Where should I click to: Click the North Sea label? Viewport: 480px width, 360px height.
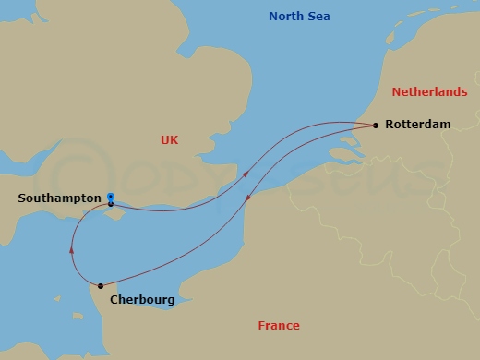coord(299,17)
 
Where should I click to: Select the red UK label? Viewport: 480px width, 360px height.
coord(169,139)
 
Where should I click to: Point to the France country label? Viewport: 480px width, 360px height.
coord(278,325)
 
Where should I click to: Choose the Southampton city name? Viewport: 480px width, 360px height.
coord(59,198)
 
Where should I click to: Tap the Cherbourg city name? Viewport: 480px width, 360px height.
coord(142,299)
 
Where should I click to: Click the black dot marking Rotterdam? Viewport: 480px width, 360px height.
coord(375,125)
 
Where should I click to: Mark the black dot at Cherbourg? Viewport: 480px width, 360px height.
coord(100,285)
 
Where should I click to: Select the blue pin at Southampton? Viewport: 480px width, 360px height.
coord(110,198)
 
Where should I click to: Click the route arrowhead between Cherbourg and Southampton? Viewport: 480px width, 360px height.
coord(71,248)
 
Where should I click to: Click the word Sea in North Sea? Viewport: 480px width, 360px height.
coord(318,17)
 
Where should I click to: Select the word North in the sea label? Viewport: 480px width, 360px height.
coord(285,17)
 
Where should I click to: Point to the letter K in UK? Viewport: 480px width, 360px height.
coord(174,139)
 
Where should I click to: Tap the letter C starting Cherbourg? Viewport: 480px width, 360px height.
coord(114,299)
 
